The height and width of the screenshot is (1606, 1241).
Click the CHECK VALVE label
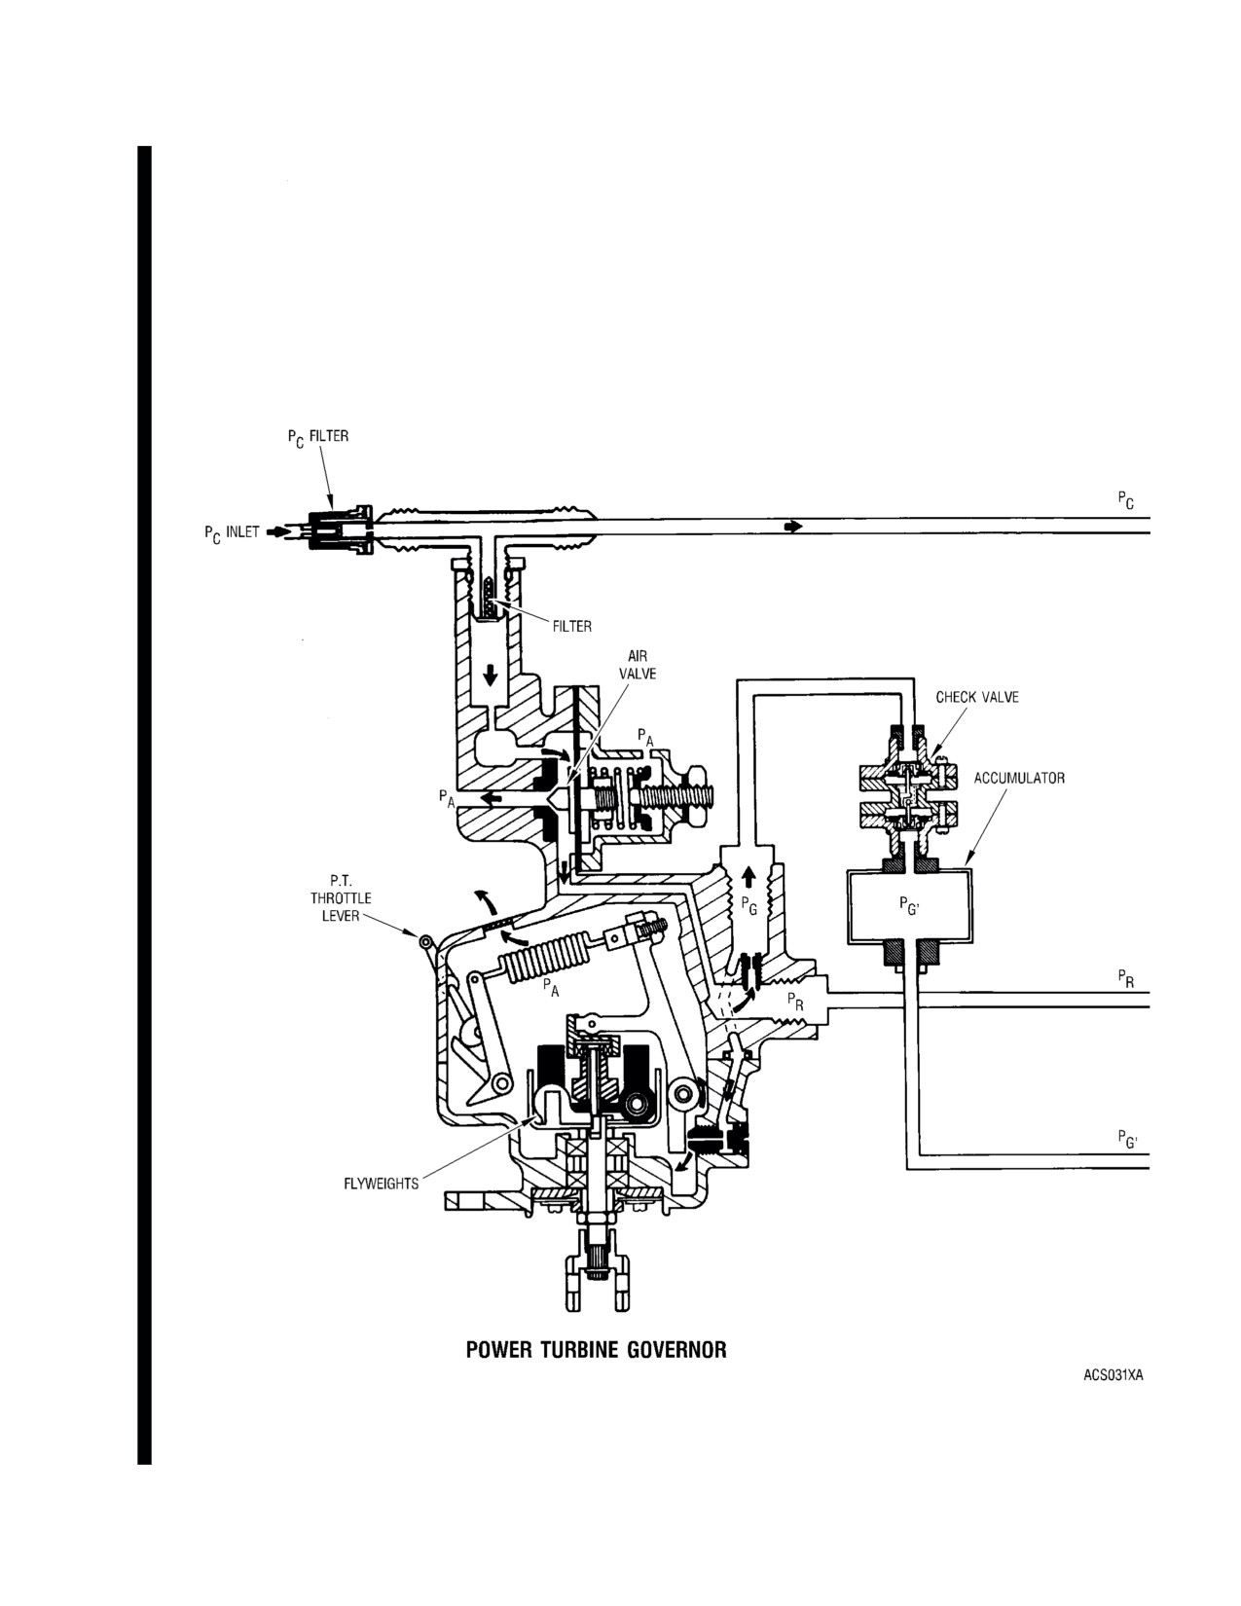point(977,697)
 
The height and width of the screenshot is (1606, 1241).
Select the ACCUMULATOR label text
point(1019,779)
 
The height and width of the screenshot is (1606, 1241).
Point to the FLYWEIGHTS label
point(382,1184)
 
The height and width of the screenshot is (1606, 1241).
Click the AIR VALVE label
point(638,665)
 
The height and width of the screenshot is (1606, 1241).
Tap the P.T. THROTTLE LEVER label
point(341,898)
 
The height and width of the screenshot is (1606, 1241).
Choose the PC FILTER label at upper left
point(318,438)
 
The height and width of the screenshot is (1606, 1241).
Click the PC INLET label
point(232,532)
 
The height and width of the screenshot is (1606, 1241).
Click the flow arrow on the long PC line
point(793,527)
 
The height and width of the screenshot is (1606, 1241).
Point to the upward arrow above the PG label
point(748,877)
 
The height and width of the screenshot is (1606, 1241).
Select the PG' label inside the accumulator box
point(909,905)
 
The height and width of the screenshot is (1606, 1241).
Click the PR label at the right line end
point(1126,979)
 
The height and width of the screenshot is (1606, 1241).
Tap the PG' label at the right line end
point(1127,1139)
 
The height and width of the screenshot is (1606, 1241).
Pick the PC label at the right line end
point(1126,501)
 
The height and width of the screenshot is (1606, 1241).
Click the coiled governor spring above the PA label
point(545,959)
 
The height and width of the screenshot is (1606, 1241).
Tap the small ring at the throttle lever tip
point(425,941)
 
